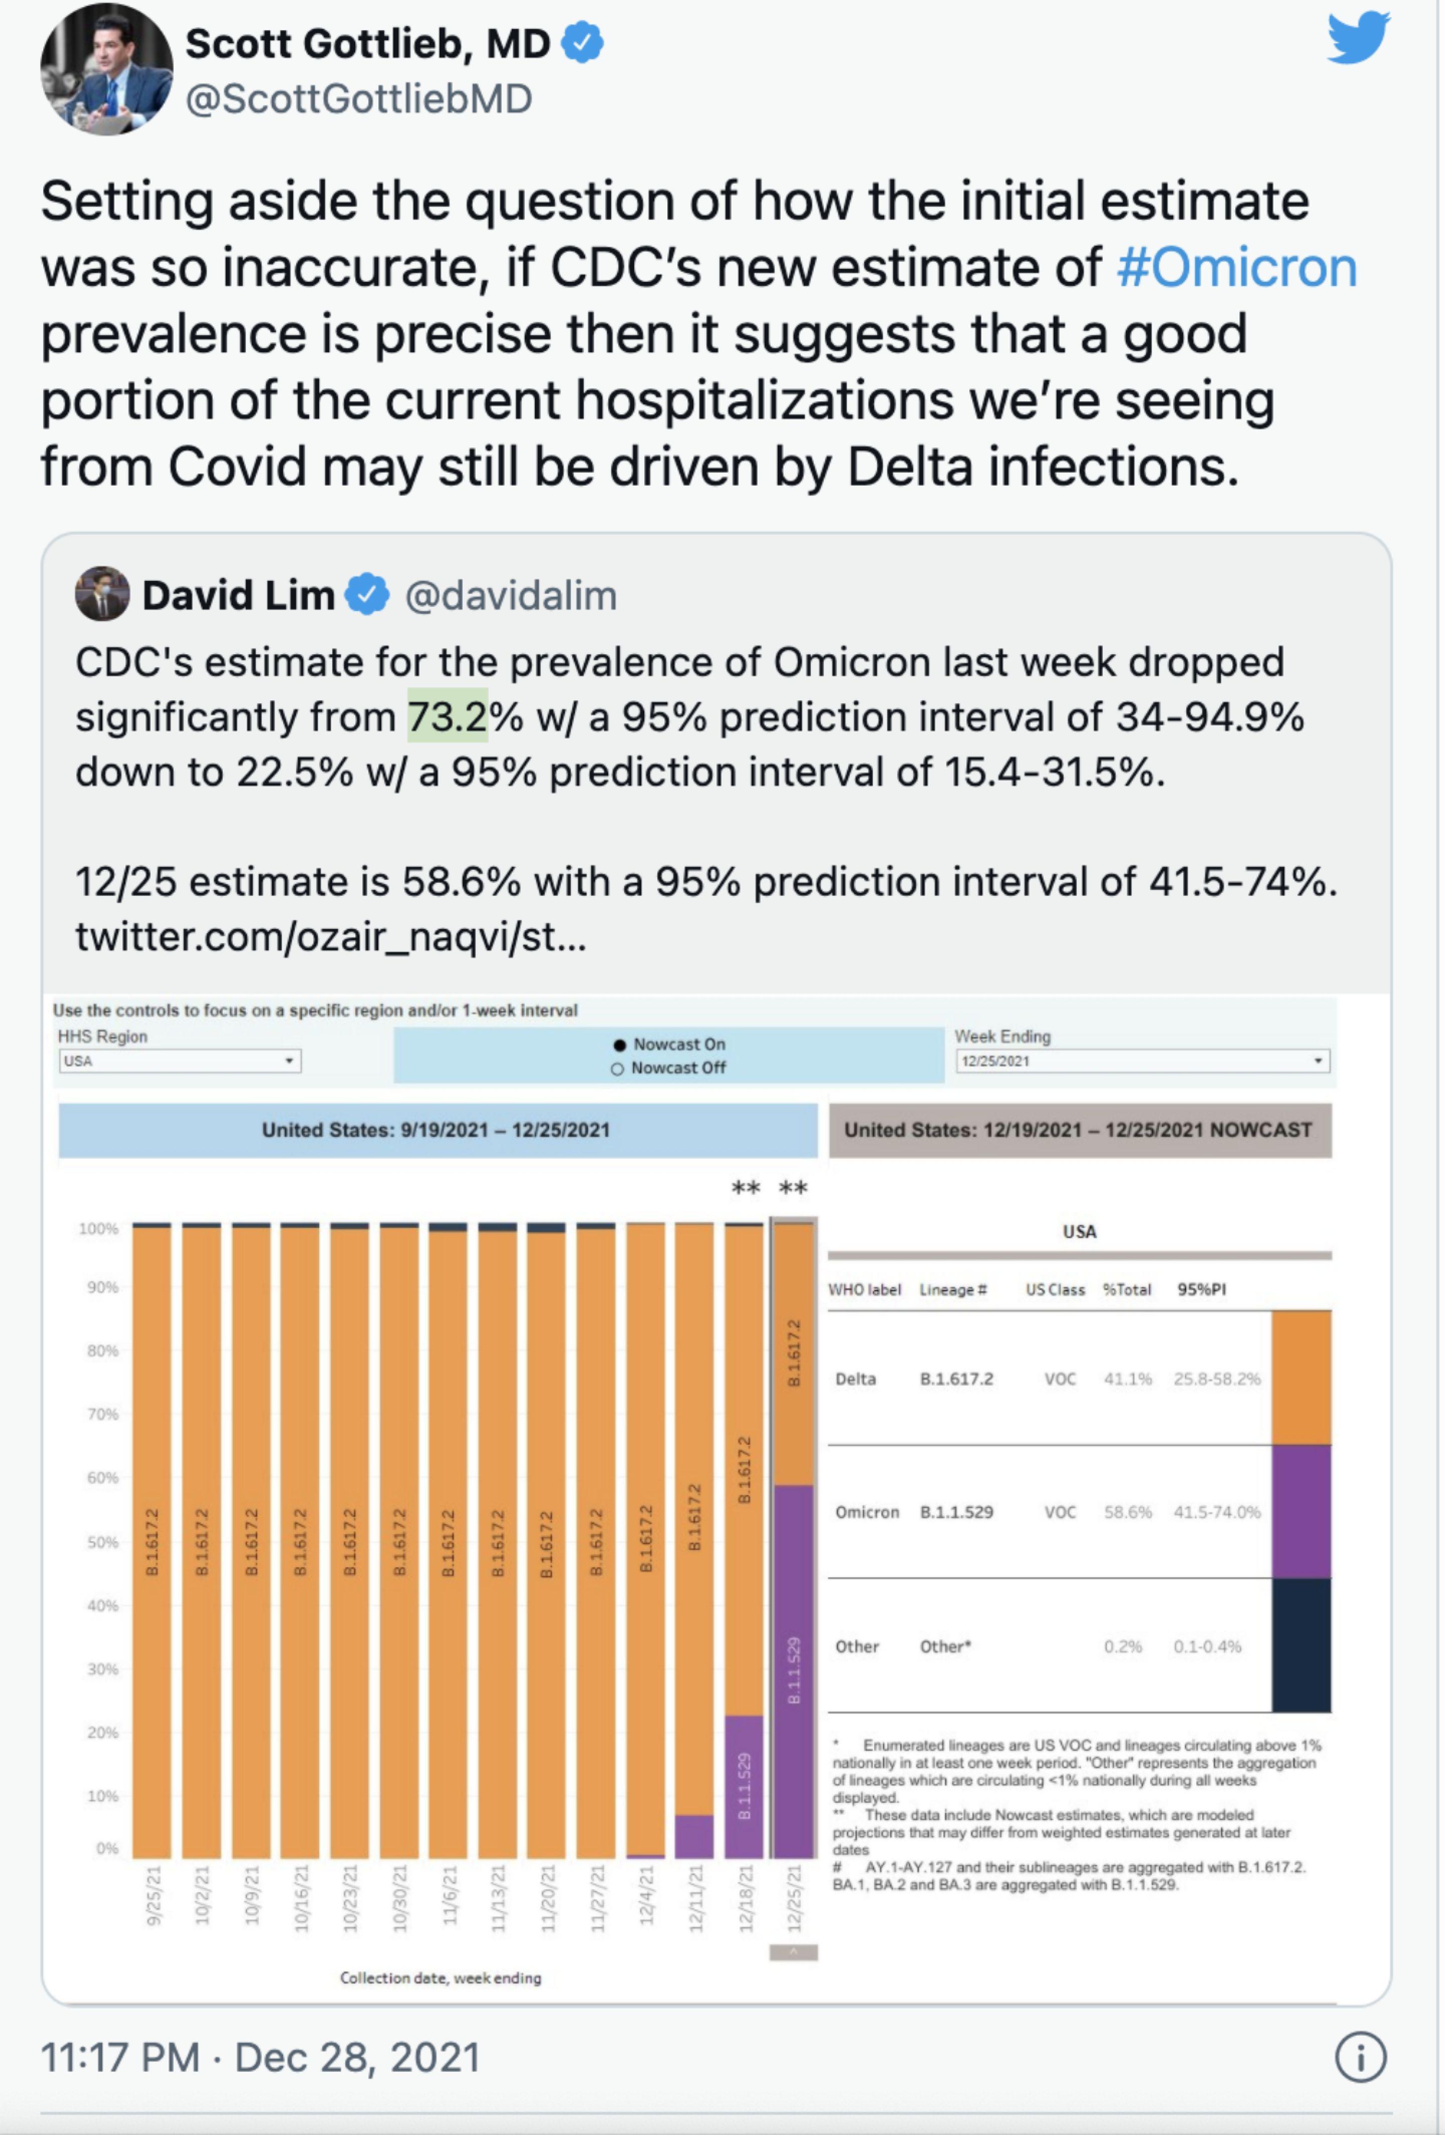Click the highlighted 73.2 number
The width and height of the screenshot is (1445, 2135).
coord(448,716)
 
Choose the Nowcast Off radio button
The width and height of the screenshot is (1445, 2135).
coord(617,1069)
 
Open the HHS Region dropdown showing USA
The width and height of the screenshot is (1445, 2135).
coord(179,1061)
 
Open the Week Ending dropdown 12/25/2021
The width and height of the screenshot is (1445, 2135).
coord(1142,1061)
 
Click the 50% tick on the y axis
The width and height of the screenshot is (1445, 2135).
coord(103,1542)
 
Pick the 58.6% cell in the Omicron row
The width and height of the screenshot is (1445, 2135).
coord(1127,1512)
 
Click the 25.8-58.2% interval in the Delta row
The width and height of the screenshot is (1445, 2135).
coord(1216,1379)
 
